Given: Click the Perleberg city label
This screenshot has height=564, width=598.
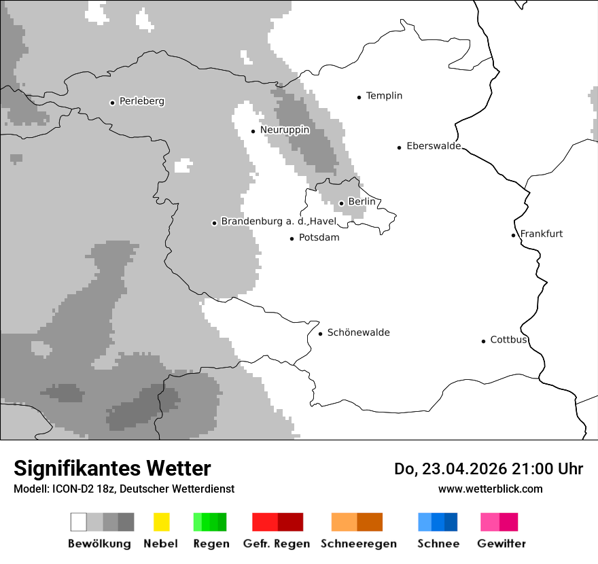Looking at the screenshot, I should [x=141, y=101].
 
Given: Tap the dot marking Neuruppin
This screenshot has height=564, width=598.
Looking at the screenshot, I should [x=253, y=131].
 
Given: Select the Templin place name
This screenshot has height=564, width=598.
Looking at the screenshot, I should [x=384, y=96].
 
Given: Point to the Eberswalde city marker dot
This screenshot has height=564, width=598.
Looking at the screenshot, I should [x=399, y=147].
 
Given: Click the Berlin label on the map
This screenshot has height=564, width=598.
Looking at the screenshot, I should [x=362, y=202].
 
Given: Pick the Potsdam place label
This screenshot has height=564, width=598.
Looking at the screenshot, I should [x=319, y=238].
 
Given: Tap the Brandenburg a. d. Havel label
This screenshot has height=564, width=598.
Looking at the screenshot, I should [x=279, y=222].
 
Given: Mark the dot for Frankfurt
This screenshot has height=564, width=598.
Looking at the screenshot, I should [x=513, y=235].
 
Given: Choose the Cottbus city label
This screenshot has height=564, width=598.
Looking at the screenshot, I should [x=508, y=340].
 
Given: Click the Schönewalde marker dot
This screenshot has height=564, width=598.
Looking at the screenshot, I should [x=320, y=334].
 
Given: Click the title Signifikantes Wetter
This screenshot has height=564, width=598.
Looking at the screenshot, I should [x=112, y=468].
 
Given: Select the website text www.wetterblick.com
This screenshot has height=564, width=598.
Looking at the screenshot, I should [x=490, y=489].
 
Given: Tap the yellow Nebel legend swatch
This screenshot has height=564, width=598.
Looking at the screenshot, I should [x=161, y=522].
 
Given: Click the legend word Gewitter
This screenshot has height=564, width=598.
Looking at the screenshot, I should [x=501, y=544].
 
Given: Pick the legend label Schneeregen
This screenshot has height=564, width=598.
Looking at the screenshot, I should [x=358, y=544].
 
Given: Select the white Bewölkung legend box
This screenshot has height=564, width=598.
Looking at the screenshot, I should [x=78, y=522].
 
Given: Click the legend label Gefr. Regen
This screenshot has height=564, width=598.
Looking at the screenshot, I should [x=276, y=544].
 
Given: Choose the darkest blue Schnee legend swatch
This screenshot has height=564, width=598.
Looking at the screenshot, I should [x=451, y=522].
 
